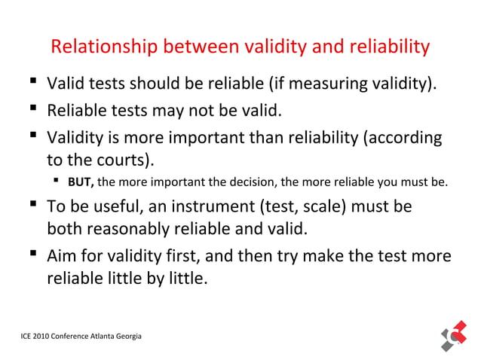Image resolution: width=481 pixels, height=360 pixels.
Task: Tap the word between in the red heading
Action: click(x=197, y=47)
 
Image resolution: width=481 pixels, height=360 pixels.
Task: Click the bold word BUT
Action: click(x=80, y=182)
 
